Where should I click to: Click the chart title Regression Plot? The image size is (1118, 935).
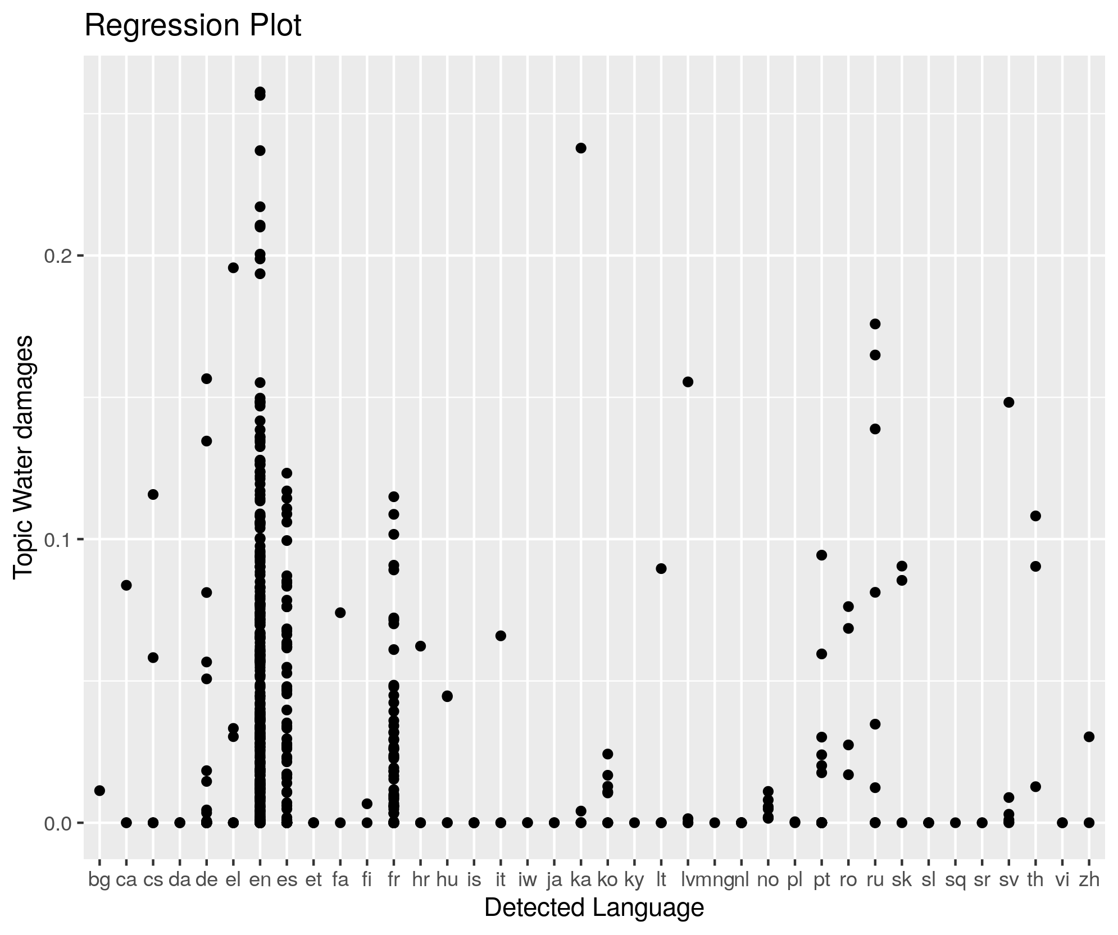(x=193, y=26)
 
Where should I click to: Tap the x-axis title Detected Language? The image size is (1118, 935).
(x=594, y=907)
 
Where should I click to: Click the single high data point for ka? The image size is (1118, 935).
(x=581, y=148)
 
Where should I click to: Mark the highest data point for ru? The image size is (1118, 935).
(x=875, y=324)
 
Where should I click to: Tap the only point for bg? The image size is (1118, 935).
(x=99, y=791)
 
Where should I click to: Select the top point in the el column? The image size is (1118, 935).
(x=233, y=268)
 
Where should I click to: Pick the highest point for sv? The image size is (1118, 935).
(x=1008, y=402)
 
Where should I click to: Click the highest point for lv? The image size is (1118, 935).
(x=688, y=382)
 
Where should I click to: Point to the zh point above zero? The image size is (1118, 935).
(x=1089, y=737)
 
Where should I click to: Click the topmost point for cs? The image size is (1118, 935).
(x=153, y=495)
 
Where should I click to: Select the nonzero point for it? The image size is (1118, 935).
(x=501, y=636)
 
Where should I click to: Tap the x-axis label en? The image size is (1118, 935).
(x=260, y=880)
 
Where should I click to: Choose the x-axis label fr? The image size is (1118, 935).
(x=393, y=880)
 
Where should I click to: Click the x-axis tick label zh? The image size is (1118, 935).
(x=1089, y=880)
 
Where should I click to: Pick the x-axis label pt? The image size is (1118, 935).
(x=821, y=880)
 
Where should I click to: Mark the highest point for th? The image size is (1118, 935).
(x=1035, y=516)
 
